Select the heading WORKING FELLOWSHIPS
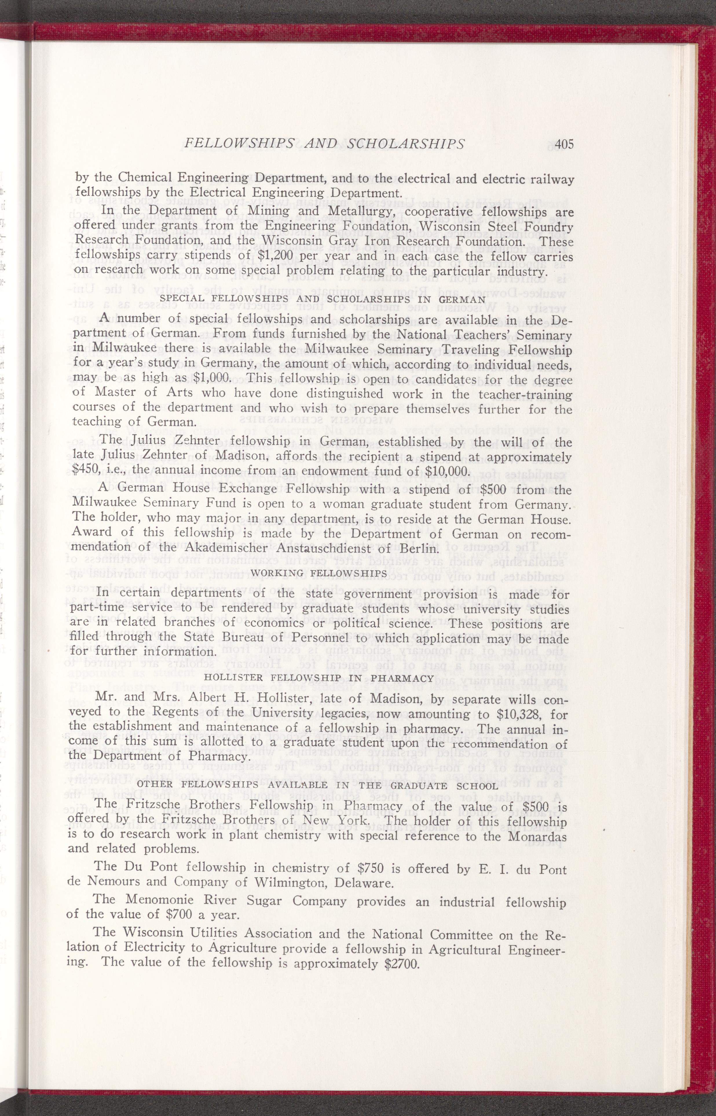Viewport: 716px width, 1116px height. [322, 572]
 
